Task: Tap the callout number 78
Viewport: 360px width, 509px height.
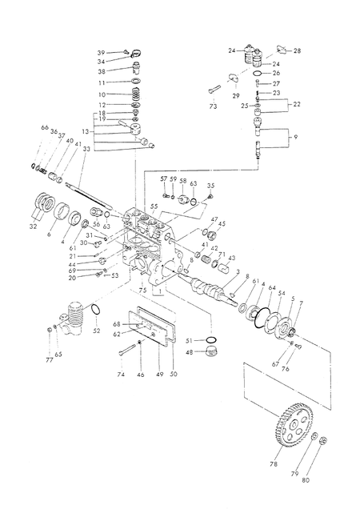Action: pos(274,464)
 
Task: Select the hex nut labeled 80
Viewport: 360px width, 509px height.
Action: pos(323,440)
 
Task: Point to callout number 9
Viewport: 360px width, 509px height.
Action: pos(295,137)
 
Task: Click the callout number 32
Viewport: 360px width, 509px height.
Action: pos(33,226)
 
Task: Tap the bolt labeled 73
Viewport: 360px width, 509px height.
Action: pos(214,89)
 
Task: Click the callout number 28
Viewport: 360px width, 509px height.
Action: pos(297,50)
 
